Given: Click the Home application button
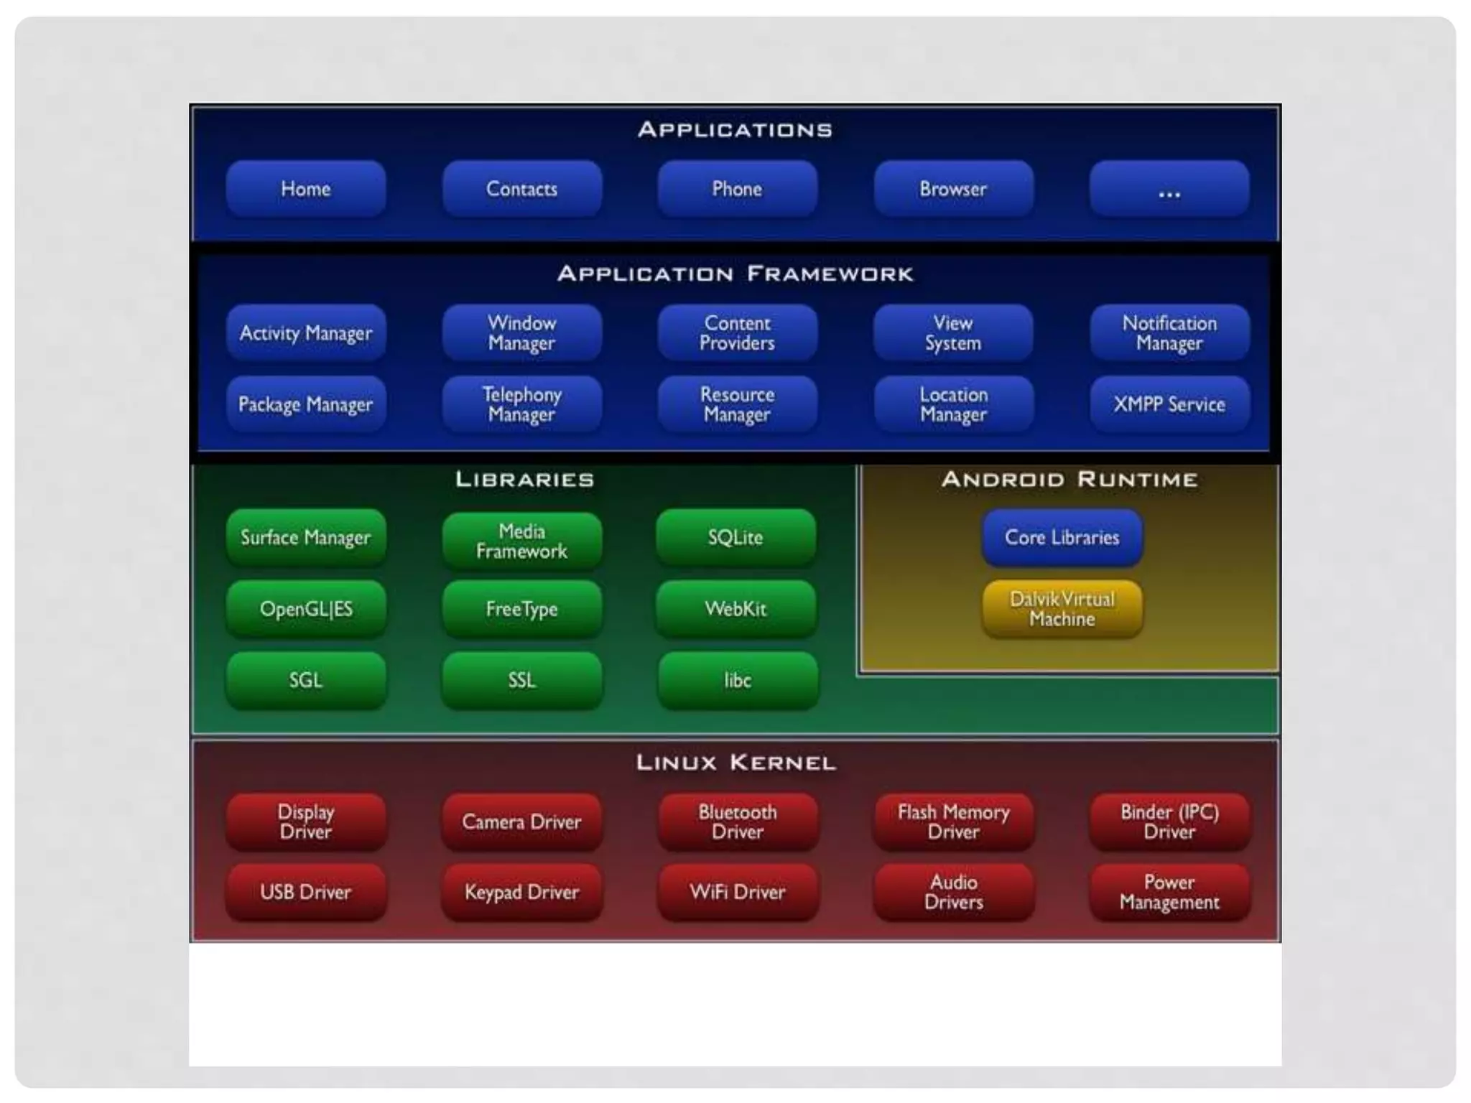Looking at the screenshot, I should tap(306, 189).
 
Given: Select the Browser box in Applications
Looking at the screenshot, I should tap(953, 189).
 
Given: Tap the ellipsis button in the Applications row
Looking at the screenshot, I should tap(1169, 189).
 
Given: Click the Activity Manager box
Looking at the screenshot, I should tap(306, 332).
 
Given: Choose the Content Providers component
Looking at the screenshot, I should tap(737, 332).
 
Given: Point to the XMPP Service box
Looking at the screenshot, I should tap(1169, 404).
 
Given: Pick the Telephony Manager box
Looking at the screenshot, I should tap(522, 404).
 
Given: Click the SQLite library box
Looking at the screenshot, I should tap(735, 537).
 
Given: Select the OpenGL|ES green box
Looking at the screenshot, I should tap(306, 609).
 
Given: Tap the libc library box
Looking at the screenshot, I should tap(738, 680).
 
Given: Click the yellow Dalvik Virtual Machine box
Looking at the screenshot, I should tap(1062, 609).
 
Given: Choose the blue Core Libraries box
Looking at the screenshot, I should tap(1062, 537).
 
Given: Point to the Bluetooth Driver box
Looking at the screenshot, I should tap(738, 822).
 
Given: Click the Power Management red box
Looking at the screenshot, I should tap(1169, 892).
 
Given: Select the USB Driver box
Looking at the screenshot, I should tap(306, 892).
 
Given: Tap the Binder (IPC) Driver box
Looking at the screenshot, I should tap(1169, 822).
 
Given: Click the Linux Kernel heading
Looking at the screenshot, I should tap(736, 763).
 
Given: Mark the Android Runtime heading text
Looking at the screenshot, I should tap(1069, 480).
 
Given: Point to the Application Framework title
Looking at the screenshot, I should tap(735, 274).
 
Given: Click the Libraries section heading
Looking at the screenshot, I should tap(525, 480).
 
